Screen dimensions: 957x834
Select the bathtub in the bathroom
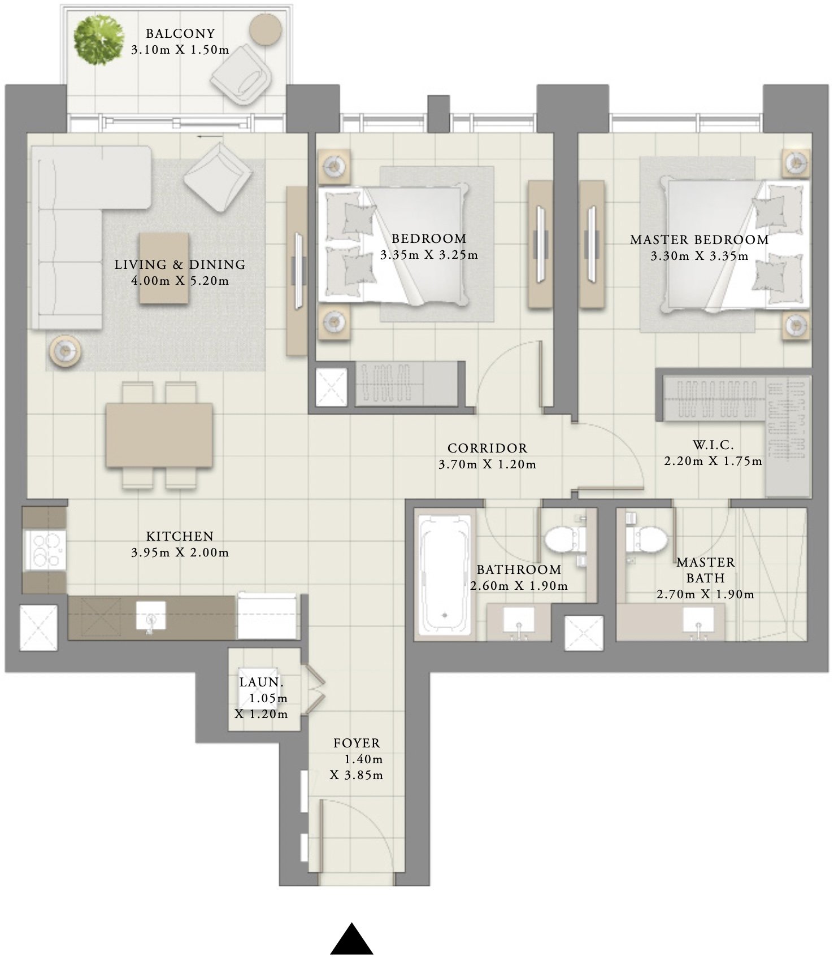(445, 573)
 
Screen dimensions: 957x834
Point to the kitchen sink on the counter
(151, 616)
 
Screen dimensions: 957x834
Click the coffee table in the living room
(164, 268)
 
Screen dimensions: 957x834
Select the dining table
(159, 434)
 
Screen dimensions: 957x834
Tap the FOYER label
(357, 743)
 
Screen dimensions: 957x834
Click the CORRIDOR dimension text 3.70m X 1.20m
(487, 464)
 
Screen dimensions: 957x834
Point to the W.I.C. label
(713, 445)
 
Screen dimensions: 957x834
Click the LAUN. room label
(261, 682)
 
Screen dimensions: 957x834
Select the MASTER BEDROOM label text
(699, 240)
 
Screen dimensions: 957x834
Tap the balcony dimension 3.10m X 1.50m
(180, 50)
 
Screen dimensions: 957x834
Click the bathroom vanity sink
(518, 620)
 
